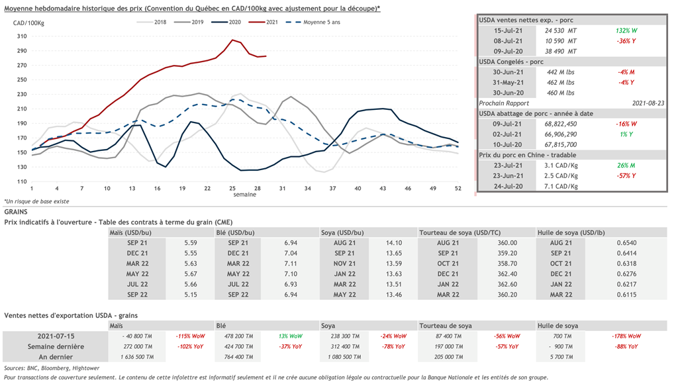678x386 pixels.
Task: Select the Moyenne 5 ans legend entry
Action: pyautogui.click(x=318, y=23)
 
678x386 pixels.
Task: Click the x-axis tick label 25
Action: pyautogui.click(x=233, y=189)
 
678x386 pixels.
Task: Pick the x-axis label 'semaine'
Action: pyautogui.click(x=244, y=195)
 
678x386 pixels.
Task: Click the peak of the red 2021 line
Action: pyautogui.click(x=232, y=40)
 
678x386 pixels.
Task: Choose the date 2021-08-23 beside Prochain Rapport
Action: pyautogui.click(x=648, y=103)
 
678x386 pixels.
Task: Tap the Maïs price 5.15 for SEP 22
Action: pyautogui.click(x=190, y=295)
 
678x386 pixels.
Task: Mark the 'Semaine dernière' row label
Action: pyautogui.click(x=56, y=346)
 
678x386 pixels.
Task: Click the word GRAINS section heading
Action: pyautogui.click(x=16, y=211)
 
